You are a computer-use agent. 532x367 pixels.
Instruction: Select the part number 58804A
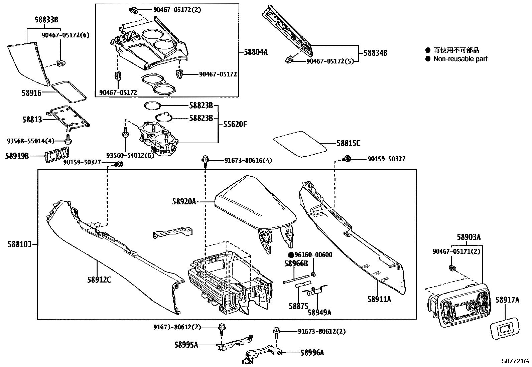tap(256, 52)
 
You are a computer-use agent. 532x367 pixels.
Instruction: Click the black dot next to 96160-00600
tap(291, 255)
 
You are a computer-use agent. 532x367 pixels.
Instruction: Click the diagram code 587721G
tap(515, 361)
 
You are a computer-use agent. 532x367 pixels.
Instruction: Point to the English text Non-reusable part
tap(460, 59)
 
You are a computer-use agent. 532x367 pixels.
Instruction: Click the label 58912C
tap(99, 280)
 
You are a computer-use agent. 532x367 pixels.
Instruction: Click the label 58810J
tap(19, 244)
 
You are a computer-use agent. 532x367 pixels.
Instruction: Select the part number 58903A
tap(469, 237)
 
